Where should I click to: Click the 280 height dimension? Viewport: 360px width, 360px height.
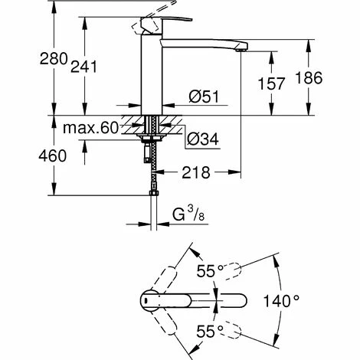point(54,59)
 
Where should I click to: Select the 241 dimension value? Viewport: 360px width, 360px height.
point(83,67)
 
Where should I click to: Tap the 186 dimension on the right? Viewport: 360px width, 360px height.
point(309,78)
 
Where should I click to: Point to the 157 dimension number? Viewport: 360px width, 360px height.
point(271,83)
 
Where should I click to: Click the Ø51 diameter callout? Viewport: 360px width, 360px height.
point(204,97)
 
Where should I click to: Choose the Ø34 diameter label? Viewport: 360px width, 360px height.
point(203,139)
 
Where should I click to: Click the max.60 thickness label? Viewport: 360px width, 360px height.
point(90,128)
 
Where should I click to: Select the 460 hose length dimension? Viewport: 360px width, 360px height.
point(53,155)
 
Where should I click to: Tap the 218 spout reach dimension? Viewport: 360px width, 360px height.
point(196,172)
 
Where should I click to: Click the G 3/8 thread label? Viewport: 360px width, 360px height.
point(188,214)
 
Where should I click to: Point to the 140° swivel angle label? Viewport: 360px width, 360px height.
point(281,300)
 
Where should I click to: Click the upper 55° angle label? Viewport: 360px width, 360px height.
point(210,271)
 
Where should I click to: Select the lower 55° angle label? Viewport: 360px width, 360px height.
point(210,332)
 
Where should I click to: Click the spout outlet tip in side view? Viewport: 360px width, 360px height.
point(241,50)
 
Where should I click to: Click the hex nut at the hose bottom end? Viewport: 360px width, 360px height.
point(154,193)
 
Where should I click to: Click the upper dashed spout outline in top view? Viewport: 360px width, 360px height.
point(233,270)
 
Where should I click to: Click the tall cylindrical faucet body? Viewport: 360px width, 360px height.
point(152,74)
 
